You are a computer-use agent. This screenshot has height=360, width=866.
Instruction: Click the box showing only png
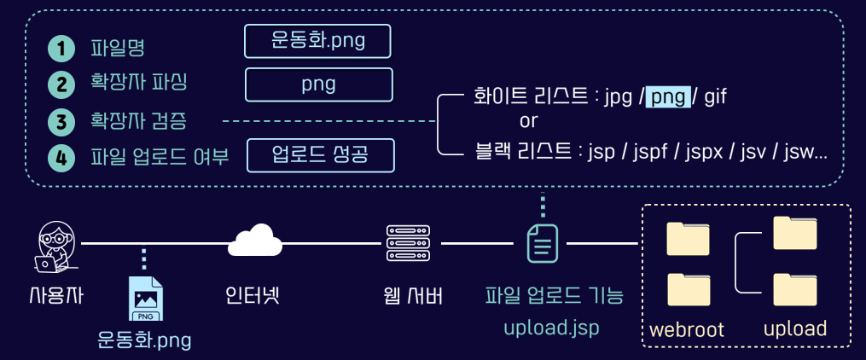[x=318, y=84]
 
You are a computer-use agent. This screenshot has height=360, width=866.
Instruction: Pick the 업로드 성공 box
[x=321, y=155]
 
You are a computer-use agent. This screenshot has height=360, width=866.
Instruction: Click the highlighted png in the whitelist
[x=667, y=97]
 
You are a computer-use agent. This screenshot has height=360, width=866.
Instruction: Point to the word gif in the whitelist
[x=715, y=97]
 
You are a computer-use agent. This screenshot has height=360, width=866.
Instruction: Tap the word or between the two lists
[x=529, y=120]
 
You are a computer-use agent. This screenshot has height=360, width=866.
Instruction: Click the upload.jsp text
[x=551, y=328]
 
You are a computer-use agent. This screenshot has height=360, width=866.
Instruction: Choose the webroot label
[x=687, y=329]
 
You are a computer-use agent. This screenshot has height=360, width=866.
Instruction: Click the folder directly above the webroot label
[x=689, y=290]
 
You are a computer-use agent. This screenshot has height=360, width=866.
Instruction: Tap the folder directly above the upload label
[x=794, y=290]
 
